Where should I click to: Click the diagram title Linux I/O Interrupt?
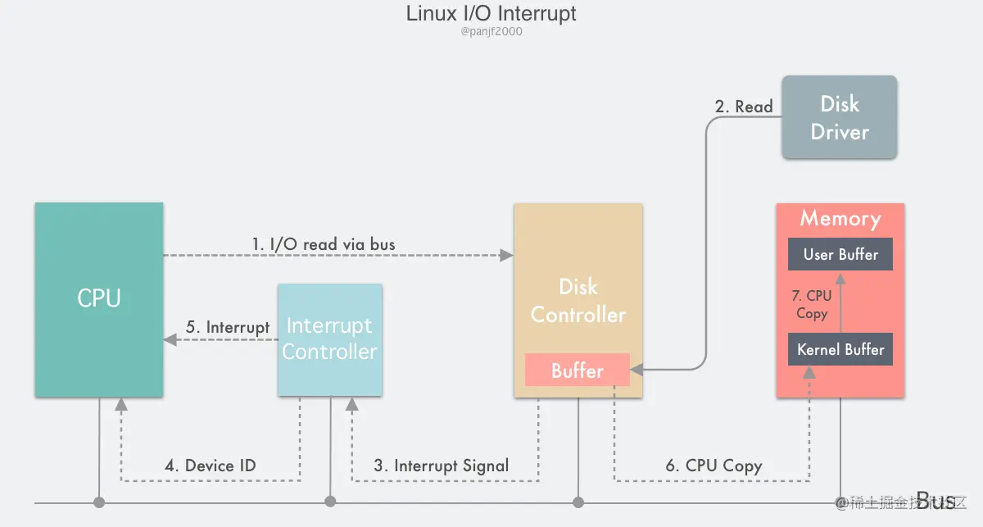coord(491,14)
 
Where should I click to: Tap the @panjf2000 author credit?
coord(491,32)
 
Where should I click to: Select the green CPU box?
coord(98,299)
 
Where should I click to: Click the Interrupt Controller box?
coord(329,339)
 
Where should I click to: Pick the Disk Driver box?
coord(840,117)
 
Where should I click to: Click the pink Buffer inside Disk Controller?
coord(577,370)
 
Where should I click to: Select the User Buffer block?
coord(840,255)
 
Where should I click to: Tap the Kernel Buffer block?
coord(840,350)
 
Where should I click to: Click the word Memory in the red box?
coord(840,219)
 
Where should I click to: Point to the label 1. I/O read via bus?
coord(323,244)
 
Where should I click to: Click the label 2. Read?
coord(744,107)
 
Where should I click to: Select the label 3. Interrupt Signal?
coord(442,466)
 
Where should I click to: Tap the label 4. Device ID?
coord(211,466)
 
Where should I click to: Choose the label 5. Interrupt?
coord(228,327)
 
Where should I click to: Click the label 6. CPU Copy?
coord(713,466)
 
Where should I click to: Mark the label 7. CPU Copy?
coord(812,304)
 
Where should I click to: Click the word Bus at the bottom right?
coord(935,501)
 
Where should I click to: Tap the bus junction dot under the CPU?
coord(99,502)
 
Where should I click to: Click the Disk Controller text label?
coord(578,301)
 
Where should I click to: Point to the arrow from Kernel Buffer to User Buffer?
coord(840,303)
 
